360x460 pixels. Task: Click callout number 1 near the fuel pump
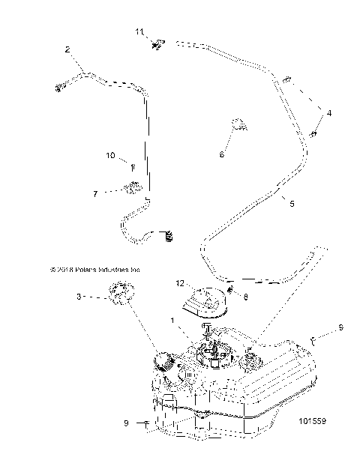[x=173, y=321]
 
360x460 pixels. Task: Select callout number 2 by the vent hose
[x=67, y=49]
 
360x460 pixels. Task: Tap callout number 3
[x=79, y=297]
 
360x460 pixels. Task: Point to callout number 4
[x=327, y=112]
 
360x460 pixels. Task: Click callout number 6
[x=221, y=154]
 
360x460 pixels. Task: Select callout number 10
[x=109, y=156]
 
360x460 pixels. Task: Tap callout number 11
[x=138, y=31]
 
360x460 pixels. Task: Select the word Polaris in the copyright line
[x=82, y=269]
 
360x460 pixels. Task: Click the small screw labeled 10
[x=132, y=167]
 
